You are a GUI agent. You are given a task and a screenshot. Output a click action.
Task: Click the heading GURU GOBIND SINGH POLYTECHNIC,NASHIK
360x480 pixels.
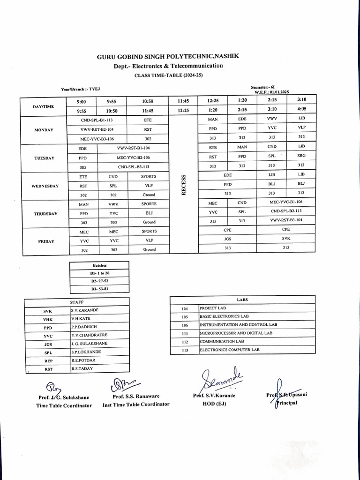(x=168, y=56)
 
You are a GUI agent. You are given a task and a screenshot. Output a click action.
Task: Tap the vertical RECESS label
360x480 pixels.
(x=184, y=185)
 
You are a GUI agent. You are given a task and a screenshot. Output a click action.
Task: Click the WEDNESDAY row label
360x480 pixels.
(x=45, y=186)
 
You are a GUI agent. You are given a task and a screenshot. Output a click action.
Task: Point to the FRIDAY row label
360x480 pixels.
(x=46, y=241)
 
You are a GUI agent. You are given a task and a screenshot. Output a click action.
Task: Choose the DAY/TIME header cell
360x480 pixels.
(x=43, y=106)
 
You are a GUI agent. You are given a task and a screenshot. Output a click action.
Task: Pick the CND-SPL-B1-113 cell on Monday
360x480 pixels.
(x=97, y=120)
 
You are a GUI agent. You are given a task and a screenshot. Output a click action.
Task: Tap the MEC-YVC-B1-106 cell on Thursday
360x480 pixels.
(x=286, y=202)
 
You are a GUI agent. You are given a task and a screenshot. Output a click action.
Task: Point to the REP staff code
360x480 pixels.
(x=48, y=361)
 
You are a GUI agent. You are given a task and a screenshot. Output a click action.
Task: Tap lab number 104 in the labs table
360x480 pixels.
(x=184, y=308)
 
